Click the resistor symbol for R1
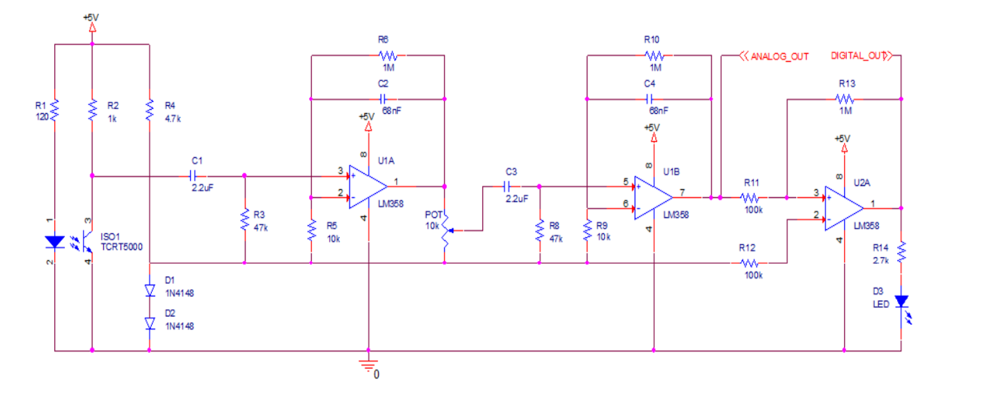coord(54,109)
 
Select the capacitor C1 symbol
coord(193,176)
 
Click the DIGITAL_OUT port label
coord(860,56)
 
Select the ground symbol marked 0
coord(368,365)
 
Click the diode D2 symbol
coord(149,323)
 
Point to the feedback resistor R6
coord(388,56)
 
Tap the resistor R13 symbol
coord(845,98)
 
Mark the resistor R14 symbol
coord(901,252)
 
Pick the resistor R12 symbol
coord(751,263)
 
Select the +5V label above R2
coord(92,17)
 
